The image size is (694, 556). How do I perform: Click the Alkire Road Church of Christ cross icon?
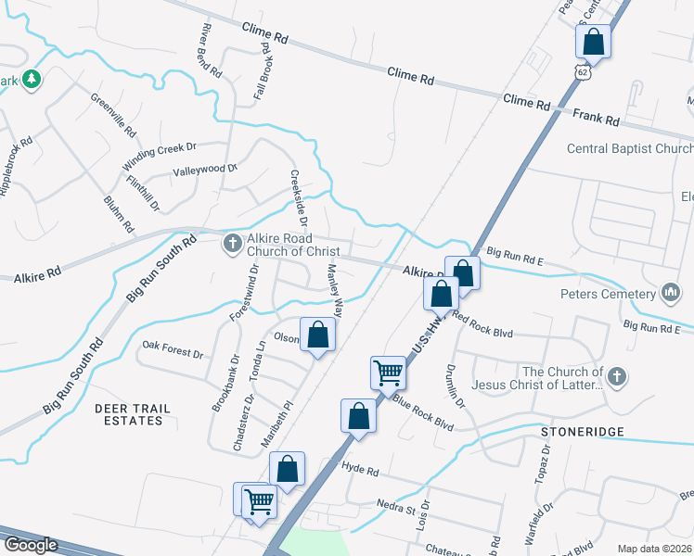pyautogui.click(x=232, y=245)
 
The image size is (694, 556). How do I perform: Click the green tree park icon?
pyautogui.click(x=32, y=80)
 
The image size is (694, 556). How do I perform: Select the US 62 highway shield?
pyautogui.click(x=582, y=71)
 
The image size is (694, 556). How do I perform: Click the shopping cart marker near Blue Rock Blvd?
pyautogui.click(x=388, y=373)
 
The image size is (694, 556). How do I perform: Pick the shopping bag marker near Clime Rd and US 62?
pyautogui.click(x=593, y=42)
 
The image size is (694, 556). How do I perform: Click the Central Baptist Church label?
pyautogui.click(x=630, y=148)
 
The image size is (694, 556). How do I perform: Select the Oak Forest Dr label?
pyautogui.click(x=172, y=350)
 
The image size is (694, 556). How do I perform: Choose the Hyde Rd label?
pyautogui.click(x=360, y=471)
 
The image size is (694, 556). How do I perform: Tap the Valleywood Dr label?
pyautogui.click(x=205, y=171)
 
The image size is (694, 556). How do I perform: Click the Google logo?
pyautogui.click(x=31, y=545)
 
